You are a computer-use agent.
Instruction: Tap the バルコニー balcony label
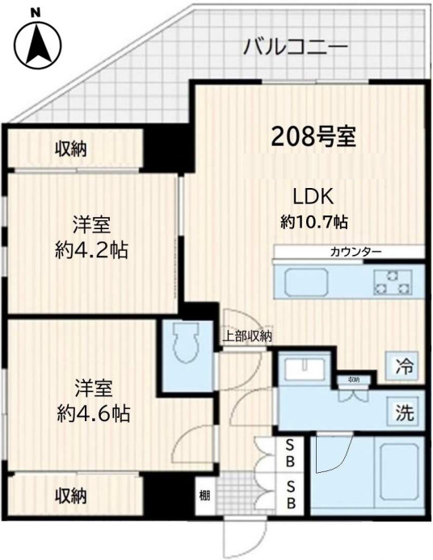click(296, 48)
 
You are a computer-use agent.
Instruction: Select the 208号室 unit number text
click(314, 136)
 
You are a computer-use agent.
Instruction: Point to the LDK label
click(313, 196)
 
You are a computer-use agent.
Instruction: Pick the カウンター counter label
click(355, 252)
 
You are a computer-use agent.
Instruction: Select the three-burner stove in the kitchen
click(394, 283)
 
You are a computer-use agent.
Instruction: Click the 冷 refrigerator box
click(404, 366)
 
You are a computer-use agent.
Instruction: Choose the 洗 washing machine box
click(404, 413)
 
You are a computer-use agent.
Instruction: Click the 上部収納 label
click(247, 336)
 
